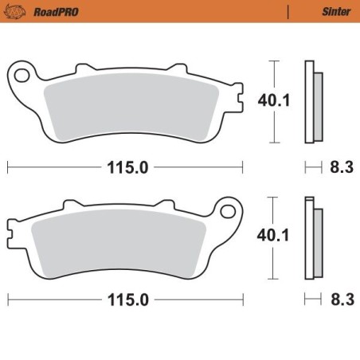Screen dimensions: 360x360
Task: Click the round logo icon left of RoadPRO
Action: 16,12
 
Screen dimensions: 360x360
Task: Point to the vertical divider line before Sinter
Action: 287,12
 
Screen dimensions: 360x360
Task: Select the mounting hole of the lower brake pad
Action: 229,213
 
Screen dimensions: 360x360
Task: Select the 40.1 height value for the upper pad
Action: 271,101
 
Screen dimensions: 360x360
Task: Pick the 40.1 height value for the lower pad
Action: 271,236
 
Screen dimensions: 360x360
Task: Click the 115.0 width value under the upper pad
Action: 126,167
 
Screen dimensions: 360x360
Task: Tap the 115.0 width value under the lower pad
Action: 126,300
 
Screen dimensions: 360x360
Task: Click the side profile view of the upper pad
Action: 312,102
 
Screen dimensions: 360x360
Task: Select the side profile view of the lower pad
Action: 312,237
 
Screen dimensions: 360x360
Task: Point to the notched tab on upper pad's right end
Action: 238,102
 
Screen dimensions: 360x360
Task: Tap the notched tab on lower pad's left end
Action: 11,237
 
